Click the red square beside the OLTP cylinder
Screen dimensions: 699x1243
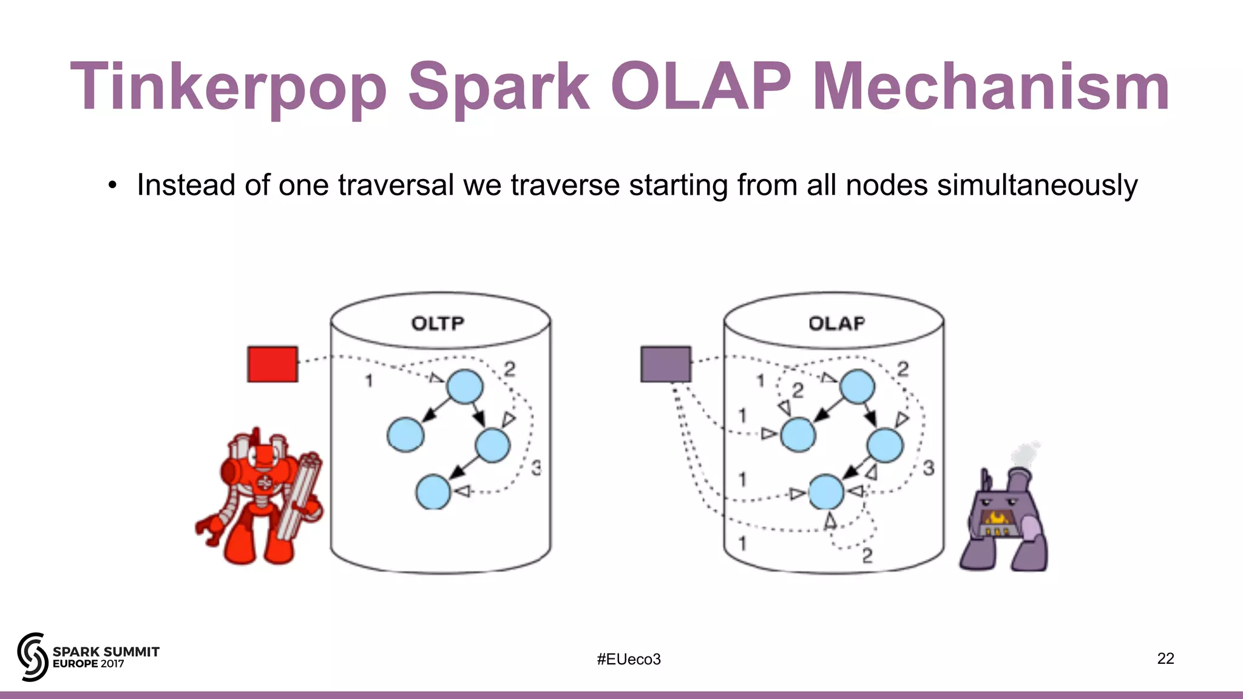pos(273,364)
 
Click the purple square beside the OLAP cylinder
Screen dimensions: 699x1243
pos(666,364)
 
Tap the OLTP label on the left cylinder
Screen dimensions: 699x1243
pos(438,323)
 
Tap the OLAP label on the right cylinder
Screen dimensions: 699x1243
pos(836,323)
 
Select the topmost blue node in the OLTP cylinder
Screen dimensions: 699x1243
pos(465,387)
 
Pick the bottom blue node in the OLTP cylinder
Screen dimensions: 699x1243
pos(433,491)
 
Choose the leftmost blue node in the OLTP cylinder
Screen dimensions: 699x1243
pos(405,434)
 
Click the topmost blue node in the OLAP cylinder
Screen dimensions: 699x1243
pos(857,387)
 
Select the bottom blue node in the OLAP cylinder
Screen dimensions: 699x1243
pos(826,491)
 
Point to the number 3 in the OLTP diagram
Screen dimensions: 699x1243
pos(536,468)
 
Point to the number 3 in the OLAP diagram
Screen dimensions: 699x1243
pos(929,468)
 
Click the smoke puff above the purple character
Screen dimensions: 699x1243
pos(1025,454)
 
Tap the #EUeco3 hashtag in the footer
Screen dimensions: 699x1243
pos(629,659)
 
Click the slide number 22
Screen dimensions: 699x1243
pos(1165,658)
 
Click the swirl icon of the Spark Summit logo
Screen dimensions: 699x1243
pos(33,657)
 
